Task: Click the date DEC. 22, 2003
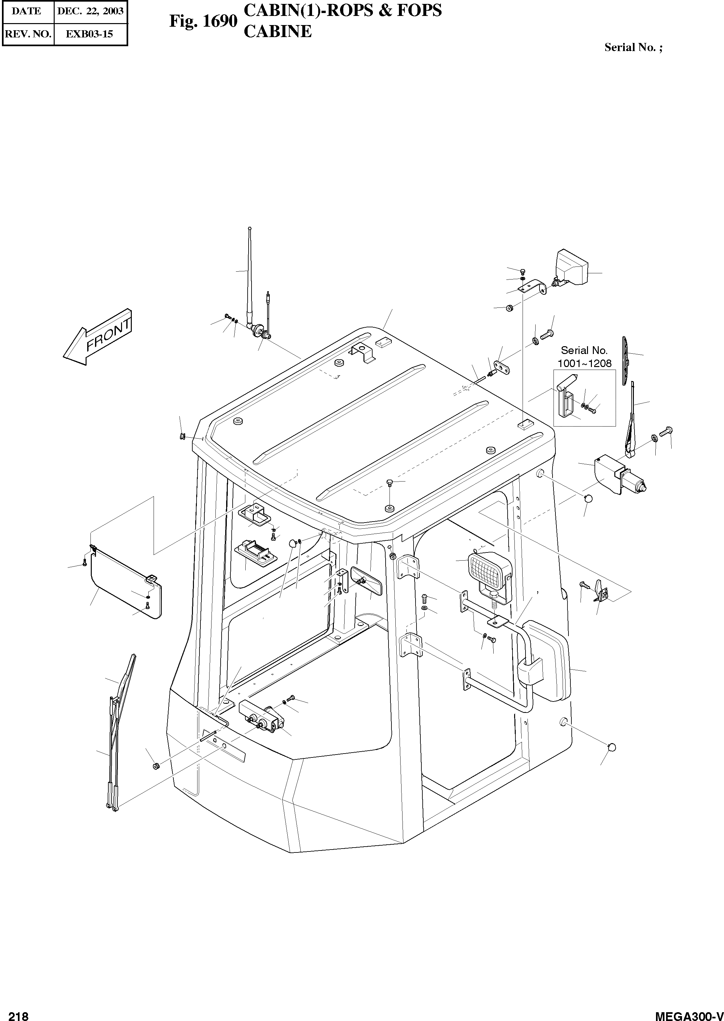[90, 11]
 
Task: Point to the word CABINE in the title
[278, 31]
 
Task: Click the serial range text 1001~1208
[584, 363]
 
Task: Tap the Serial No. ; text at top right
[633, 48]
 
